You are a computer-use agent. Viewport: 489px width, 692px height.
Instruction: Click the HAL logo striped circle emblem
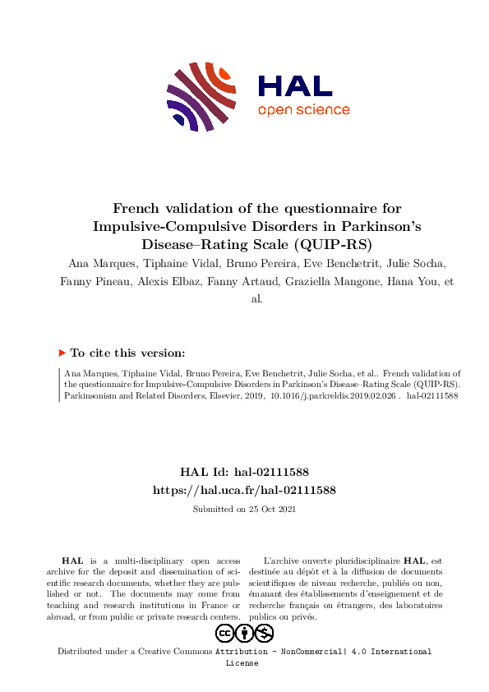201,96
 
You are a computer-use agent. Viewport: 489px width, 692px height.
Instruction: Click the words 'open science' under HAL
303,110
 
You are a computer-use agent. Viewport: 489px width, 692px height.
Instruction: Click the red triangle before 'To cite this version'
62,353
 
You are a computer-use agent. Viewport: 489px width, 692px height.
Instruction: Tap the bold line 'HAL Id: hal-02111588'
244,472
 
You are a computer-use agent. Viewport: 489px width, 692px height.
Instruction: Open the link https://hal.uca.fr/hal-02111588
244,490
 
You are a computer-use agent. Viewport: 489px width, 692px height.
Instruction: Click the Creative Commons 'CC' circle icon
224,633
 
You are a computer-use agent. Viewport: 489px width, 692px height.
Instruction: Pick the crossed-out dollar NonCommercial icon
264,633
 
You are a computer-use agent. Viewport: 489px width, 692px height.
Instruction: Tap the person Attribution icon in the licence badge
244,633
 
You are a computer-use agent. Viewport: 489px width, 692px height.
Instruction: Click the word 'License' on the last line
242,662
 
